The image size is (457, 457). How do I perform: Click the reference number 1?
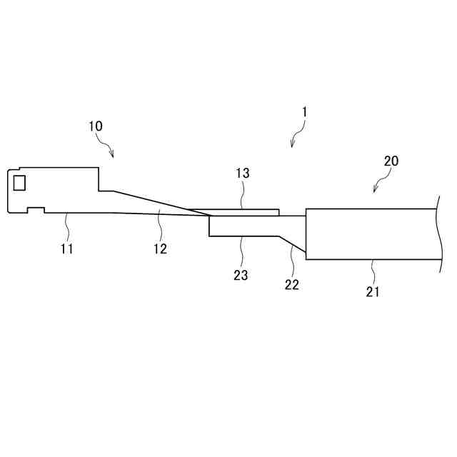point(304,112)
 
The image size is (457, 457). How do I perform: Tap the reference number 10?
point(96,126)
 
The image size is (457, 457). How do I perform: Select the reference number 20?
point(391,161)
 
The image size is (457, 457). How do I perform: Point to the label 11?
point(67,248)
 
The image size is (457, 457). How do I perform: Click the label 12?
point(160,248)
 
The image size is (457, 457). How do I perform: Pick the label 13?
point(242,174)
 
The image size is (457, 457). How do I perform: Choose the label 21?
point(373,291)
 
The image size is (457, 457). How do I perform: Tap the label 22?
point(291,284)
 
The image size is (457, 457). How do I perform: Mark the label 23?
point(241,275)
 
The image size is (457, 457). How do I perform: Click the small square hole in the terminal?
point(19,184)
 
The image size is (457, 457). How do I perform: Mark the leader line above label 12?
point(159,227)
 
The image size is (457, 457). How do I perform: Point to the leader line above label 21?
point(372,271)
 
